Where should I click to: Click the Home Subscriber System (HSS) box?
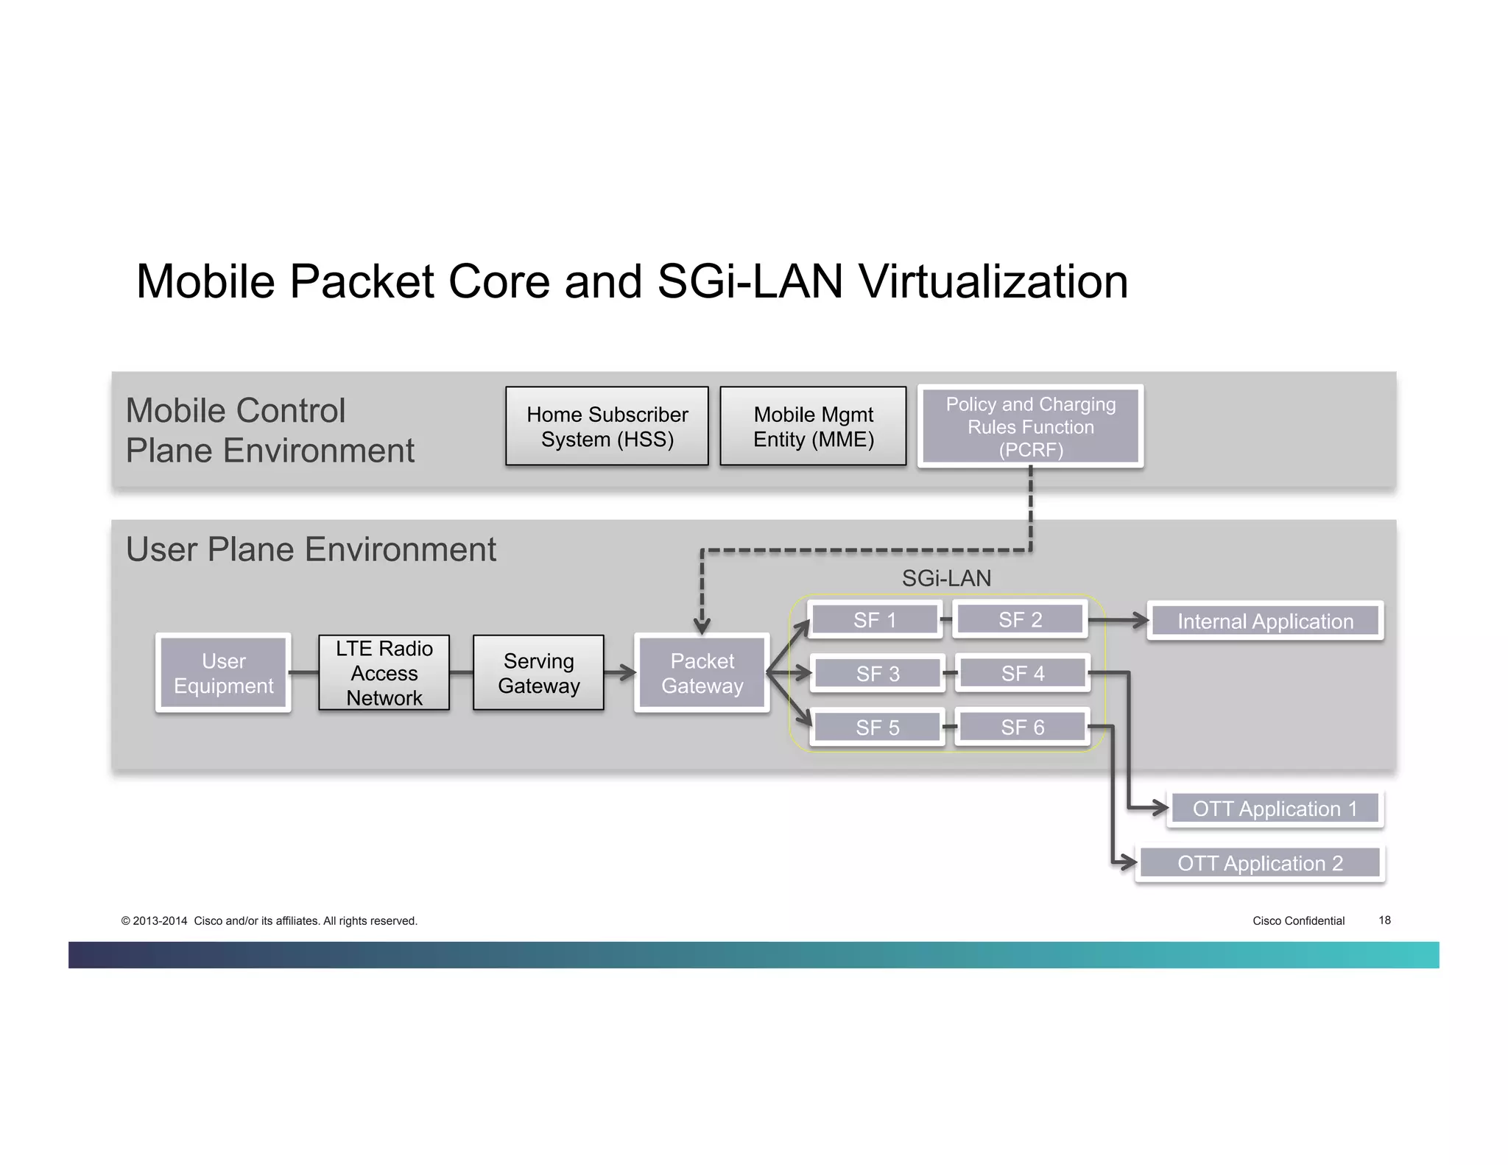pos(607,426)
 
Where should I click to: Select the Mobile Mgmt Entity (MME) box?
pos(813,426)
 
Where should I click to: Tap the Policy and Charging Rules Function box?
pos(1030,426)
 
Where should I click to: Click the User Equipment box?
pos(223,673)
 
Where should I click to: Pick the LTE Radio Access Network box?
pos(384,673)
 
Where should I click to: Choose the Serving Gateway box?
pos(538,673)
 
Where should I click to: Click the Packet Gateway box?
pos(702,673)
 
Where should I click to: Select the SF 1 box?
pos(874,620)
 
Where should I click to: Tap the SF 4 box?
pos(1022,673)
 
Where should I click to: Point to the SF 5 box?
pos(877,728)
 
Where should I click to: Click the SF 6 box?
pos(1022,727)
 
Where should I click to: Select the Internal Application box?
pos(1265,621)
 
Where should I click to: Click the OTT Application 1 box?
pos(1275,809)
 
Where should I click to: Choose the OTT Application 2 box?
pos(1260,863)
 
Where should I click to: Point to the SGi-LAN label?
pos(946,579)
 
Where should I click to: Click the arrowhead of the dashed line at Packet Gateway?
pos(702,627)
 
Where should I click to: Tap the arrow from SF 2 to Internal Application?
pos(1118,621)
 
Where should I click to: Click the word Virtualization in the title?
pos(993,281)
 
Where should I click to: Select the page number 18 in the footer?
pos(1384,921)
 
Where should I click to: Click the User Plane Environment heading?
pos(311,549)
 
